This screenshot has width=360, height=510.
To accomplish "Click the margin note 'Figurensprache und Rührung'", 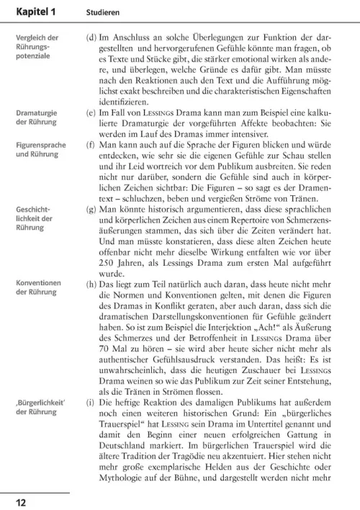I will click(41, 149).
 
